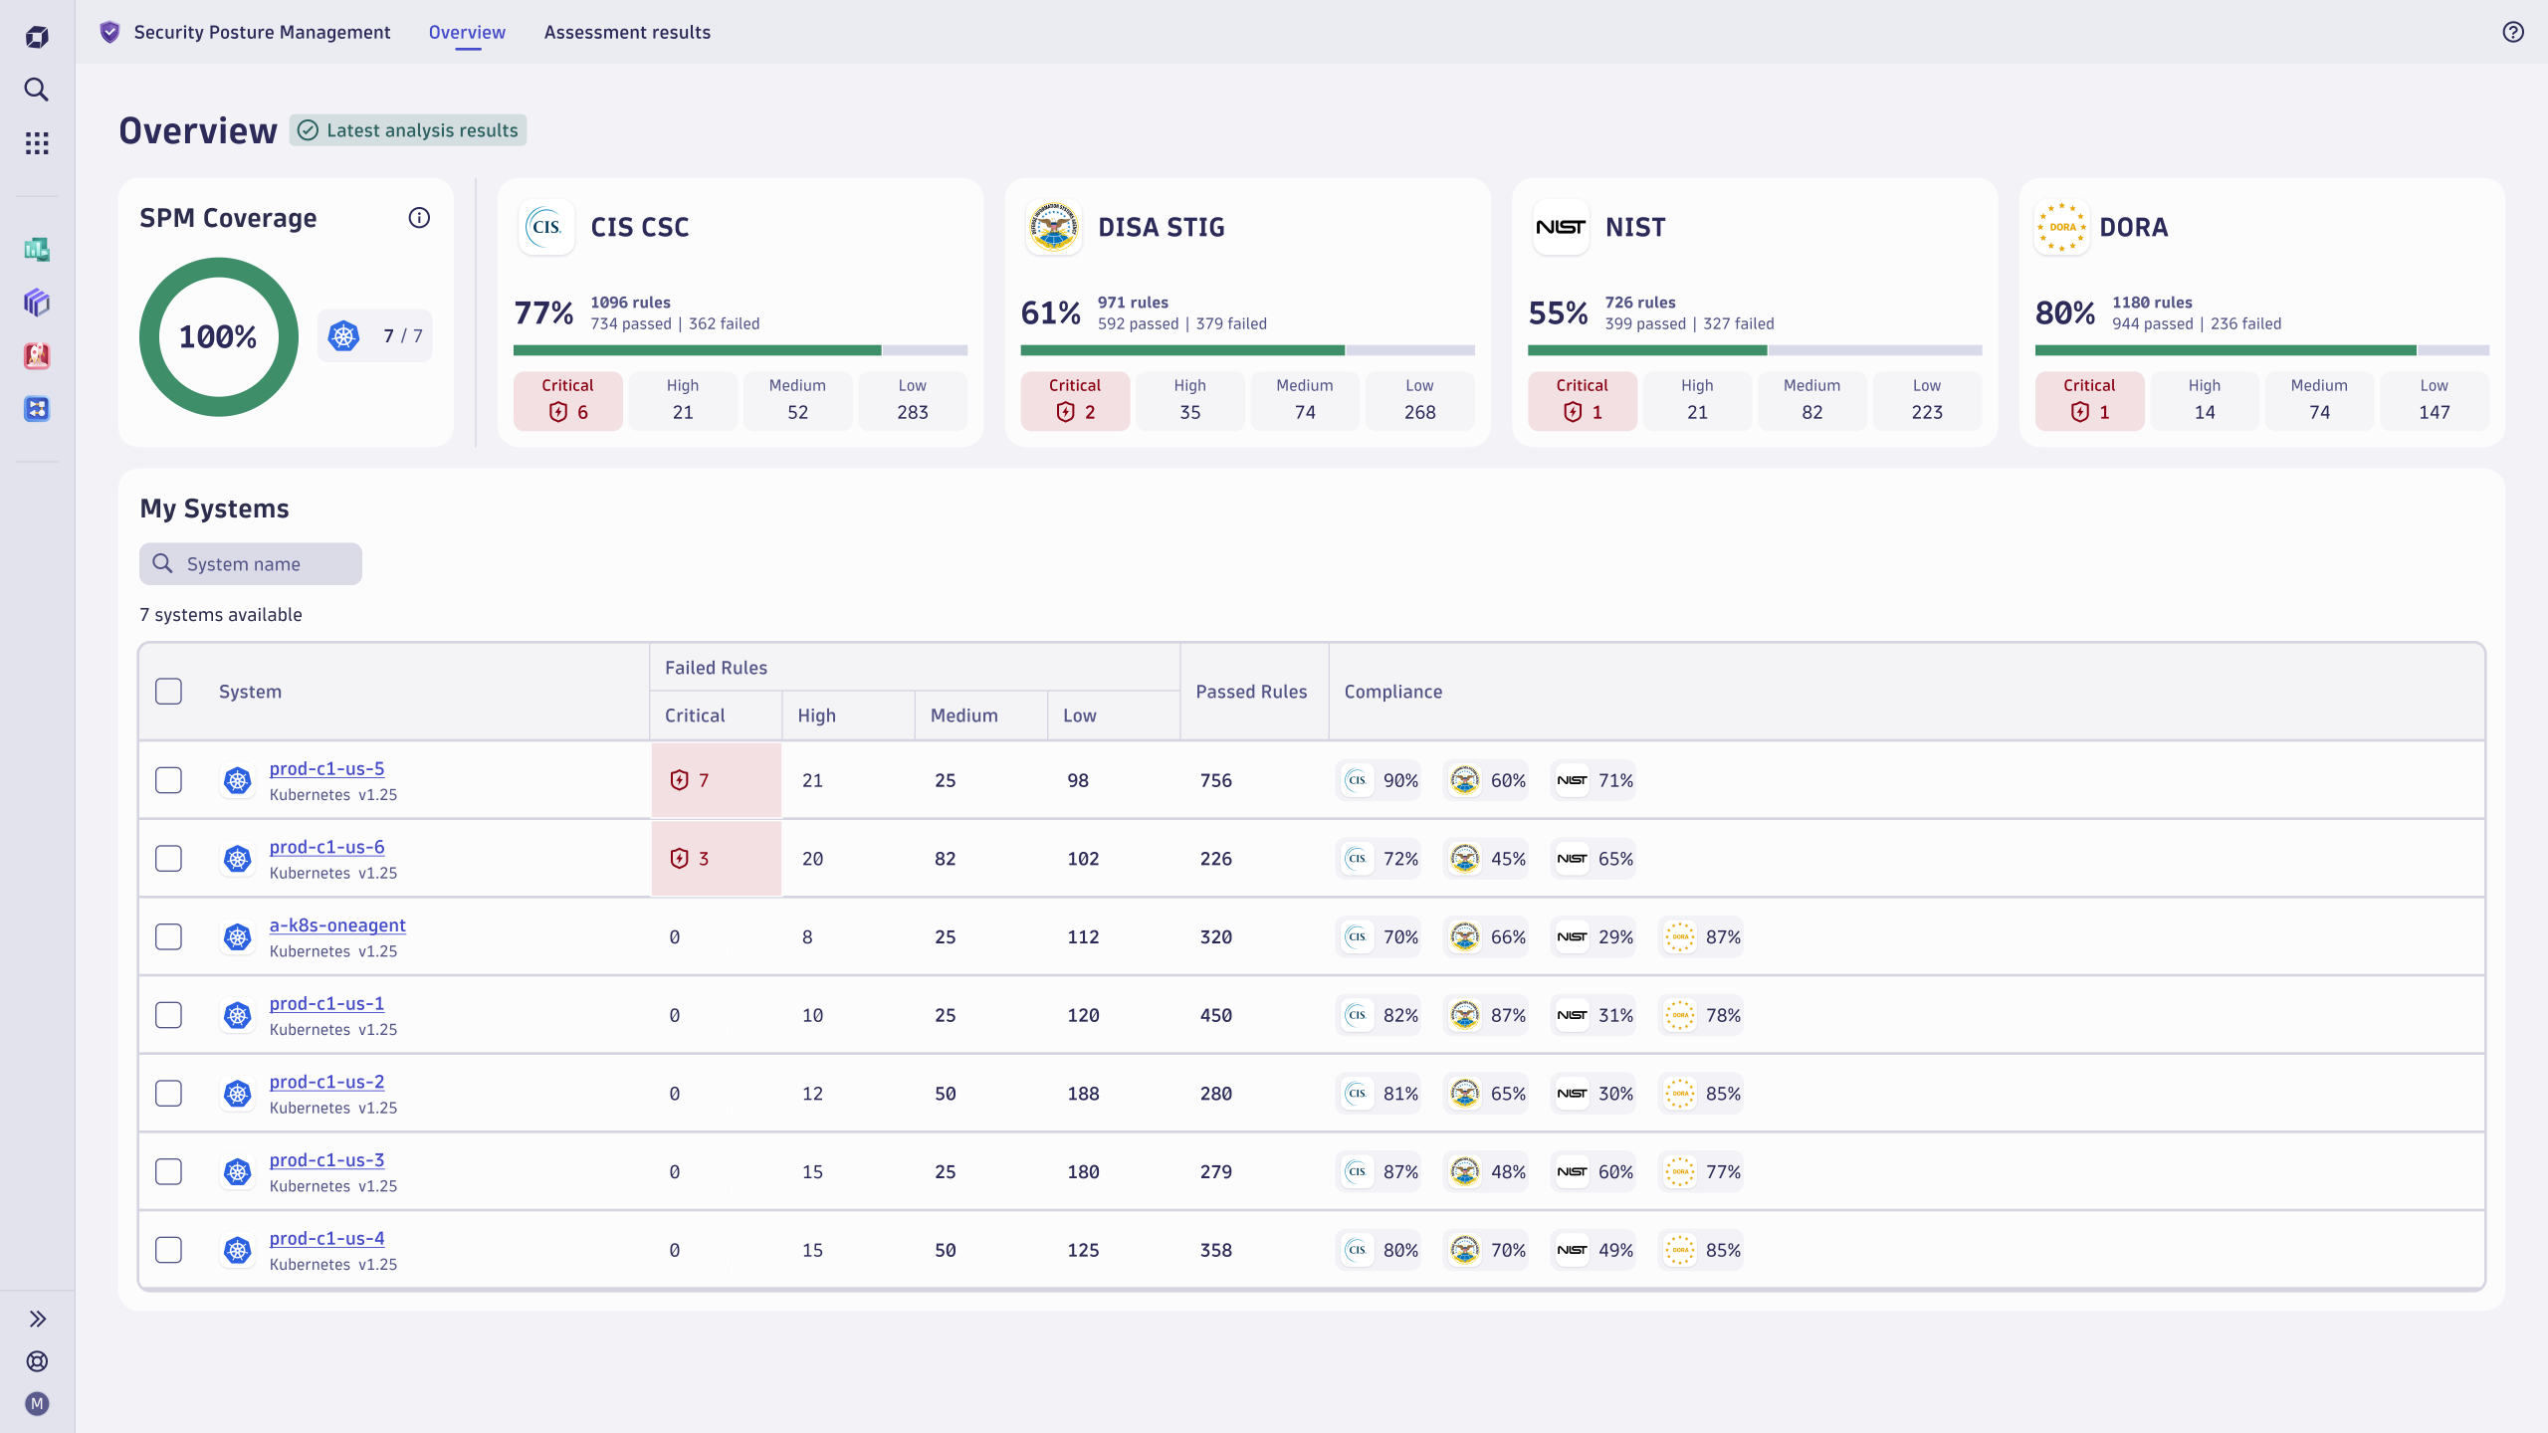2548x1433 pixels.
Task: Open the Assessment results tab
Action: (x=627, y=32)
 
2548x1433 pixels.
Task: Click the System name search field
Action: (x=251, y=564)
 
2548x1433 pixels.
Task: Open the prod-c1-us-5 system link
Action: (x=326, y=768)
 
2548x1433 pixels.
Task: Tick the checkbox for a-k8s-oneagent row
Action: (x=169, y=936)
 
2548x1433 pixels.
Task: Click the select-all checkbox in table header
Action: (x=169, y=692)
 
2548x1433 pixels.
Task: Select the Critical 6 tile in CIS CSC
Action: (x=567, y=400)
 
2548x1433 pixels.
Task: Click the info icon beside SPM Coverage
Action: (x=419, y=218)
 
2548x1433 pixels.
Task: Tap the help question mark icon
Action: (x=2513, y=32)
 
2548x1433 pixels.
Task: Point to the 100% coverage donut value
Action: (x=218, y=336)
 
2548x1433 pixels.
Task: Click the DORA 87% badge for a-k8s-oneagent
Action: (x=1702, y=936)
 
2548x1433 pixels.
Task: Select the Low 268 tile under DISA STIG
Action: (x=1419, y=400)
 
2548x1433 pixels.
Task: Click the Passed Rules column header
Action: (x=1251, y=692)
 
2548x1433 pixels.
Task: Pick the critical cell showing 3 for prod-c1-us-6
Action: (x=716, y=859)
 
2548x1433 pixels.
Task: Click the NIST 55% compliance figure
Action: (x=1558, y=313)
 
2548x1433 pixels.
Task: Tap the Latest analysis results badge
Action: (x=408, y=130)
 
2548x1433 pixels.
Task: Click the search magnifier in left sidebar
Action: (x=37, y=90)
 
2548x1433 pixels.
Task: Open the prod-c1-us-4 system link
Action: (x=326, y=1238)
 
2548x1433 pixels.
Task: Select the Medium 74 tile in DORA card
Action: (x=2319, y=400)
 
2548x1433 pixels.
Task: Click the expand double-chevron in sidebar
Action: (x=37, y=1319)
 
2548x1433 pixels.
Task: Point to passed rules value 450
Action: (x=1215, y=1015)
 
